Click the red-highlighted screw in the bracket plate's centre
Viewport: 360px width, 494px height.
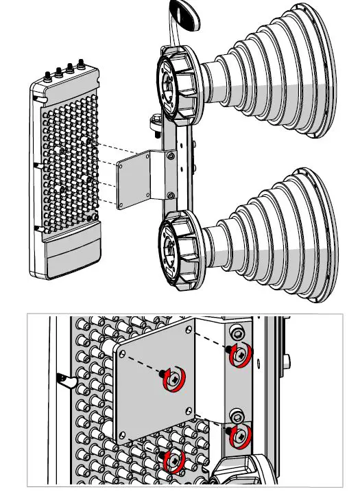pos(173,379)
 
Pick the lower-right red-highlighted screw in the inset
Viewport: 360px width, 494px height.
pos(240,434)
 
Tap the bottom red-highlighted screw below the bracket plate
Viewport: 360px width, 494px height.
pos(173,458)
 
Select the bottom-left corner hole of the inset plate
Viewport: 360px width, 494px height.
pos(123,435)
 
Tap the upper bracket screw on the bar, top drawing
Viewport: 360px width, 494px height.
pos(170,156)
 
